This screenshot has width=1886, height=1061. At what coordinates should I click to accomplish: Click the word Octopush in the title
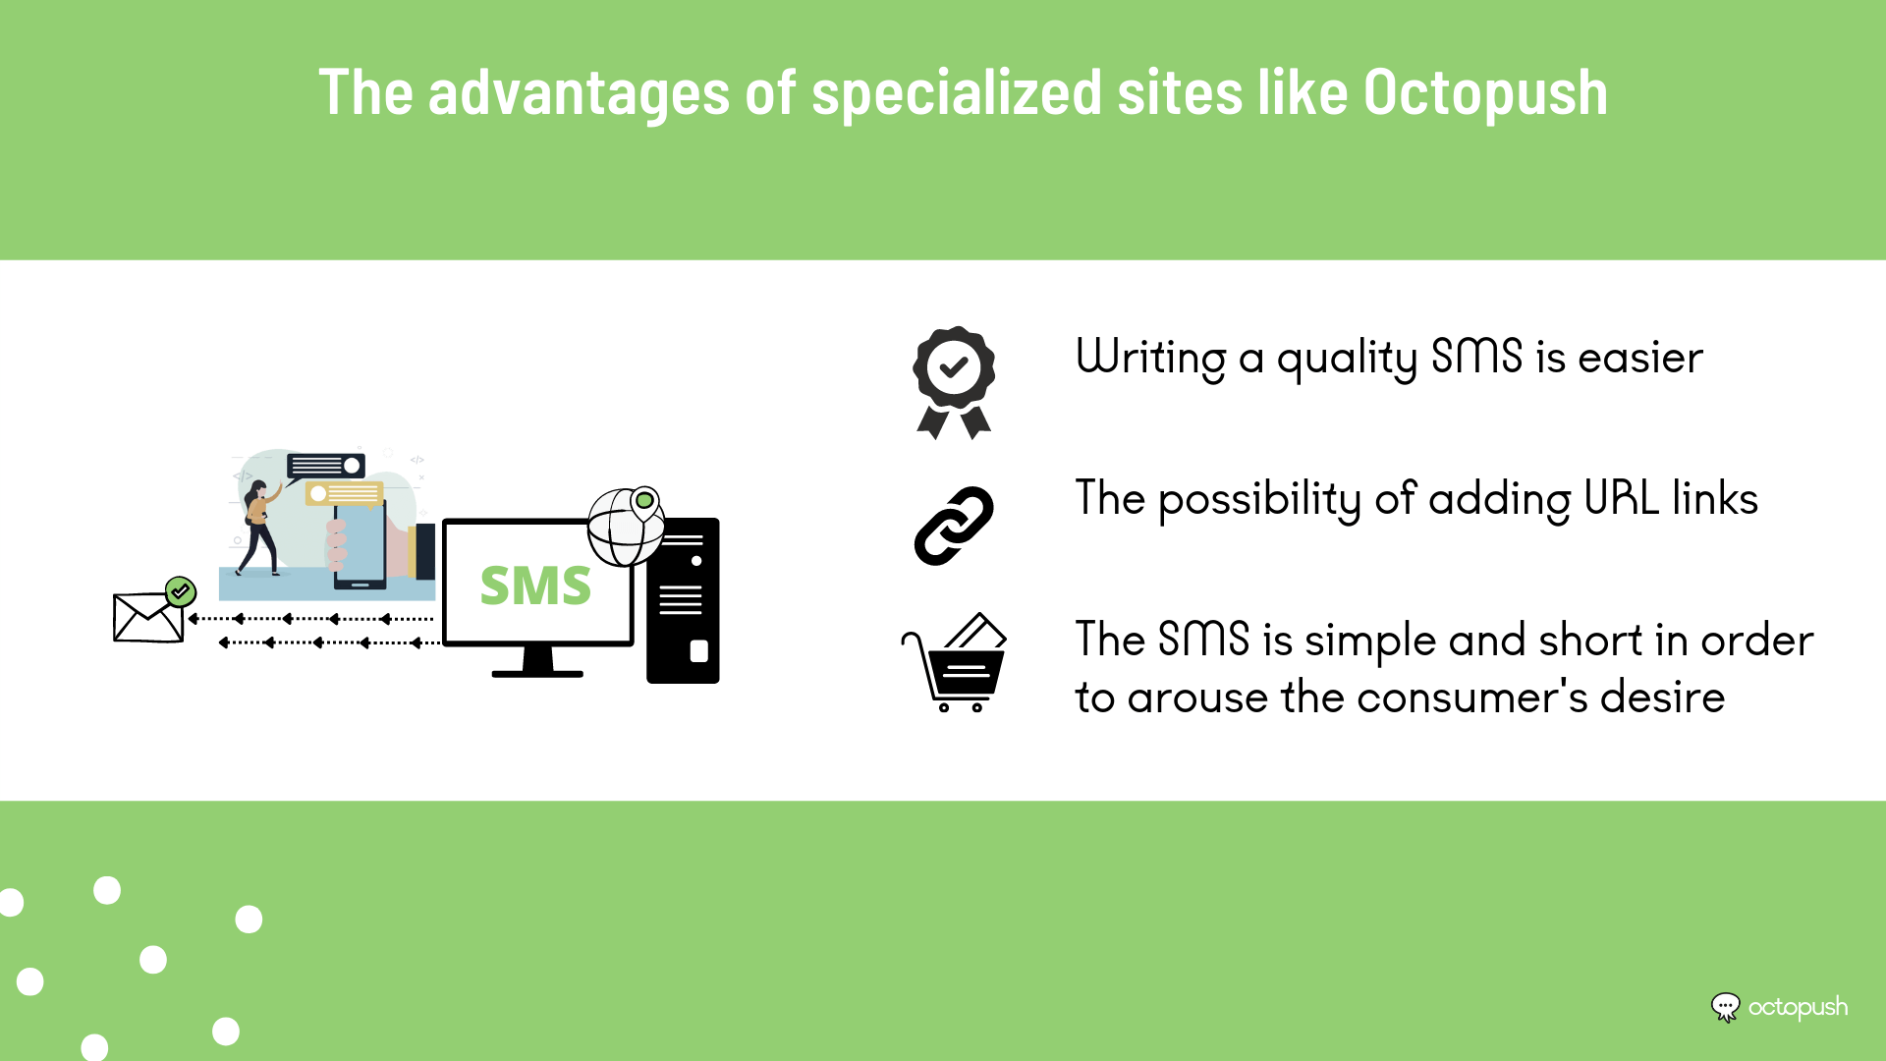click(x=1485, y=93)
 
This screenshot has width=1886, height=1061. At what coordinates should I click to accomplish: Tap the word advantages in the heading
click(x=579, y=93)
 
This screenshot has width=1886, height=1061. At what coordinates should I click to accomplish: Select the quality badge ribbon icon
click(x=954, y=382)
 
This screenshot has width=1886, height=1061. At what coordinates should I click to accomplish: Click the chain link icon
click(x=954, y=526)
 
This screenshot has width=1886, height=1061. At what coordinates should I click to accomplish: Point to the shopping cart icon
click(x=954, y=661)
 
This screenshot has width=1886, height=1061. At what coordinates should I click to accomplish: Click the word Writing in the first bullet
click(x=1151, y=358)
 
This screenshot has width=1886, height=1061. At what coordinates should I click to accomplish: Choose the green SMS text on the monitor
click(x=535, y=586)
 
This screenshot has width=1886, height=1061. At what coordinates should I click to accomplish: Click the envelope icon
click(x=148, y=617)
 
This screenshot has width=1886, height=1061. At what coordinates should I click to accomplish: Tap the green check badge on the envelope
click(x=181, y=591)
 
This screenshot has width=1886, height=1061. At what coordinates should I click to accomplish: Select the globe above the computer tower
click(x=625, y=528)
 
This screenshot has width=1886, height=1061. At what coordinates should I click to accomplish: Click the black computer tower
click(x=683, y=600)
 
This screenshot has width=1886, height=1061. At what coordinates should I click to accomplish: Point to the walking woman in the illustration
click(x=258, y=528)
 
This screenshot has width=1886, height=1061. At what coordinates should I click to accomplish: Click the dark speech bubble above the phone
click(x=325, y=466)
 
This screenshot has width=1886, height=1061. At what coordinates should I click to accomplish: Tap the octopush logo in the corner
click(x=1779, y=1008)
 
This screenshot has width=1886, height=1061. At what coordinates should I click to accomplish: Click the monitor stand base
click(x=537, y=673)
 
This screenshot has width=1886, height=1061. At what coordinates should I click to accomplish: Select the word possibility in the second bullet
click(x=1259, y=499)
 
